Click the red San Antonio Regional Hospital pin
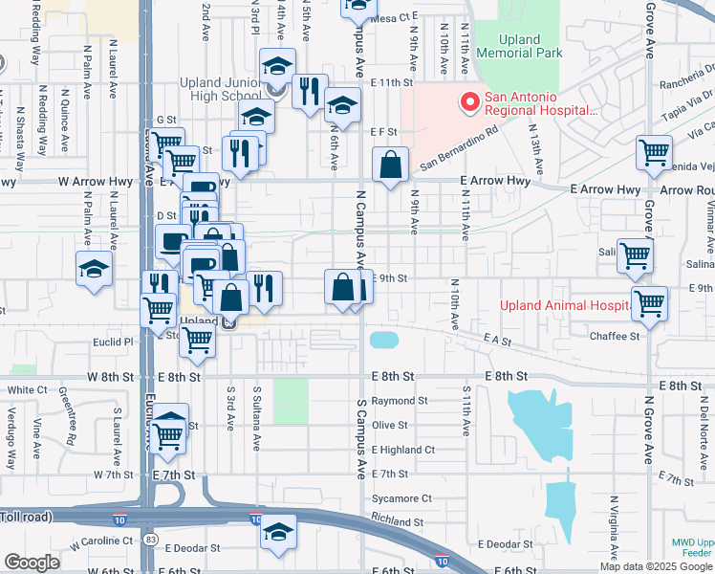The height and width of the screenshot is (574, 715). click(x=469, y=100)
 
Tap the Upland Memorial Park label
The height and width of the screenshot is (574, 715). click(x=520, y=48)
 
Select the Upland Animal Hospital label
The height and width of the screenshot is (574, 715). click(x=564, y=306)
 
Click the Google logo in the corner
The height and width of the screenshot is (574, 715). click(x=32, y=563)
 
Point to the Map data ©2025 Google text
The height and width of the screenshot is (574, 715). click(x=655, y=566)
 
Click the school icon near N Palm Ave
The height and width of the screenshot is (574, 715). click(x=95, y=269)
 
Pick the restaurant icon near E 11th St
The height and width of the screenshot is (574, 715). click(x=309, y=92)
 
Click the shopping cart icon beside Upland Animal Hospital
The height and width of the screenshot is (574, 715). click(x=649, y=303)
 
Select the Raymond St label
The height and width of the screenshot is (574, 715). click(x=400, y=401)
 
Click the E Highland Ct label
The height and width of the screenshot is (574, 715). click(x=403, y=450)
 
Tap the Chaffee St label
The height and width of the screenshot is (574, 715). click(x=615, y=337)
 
